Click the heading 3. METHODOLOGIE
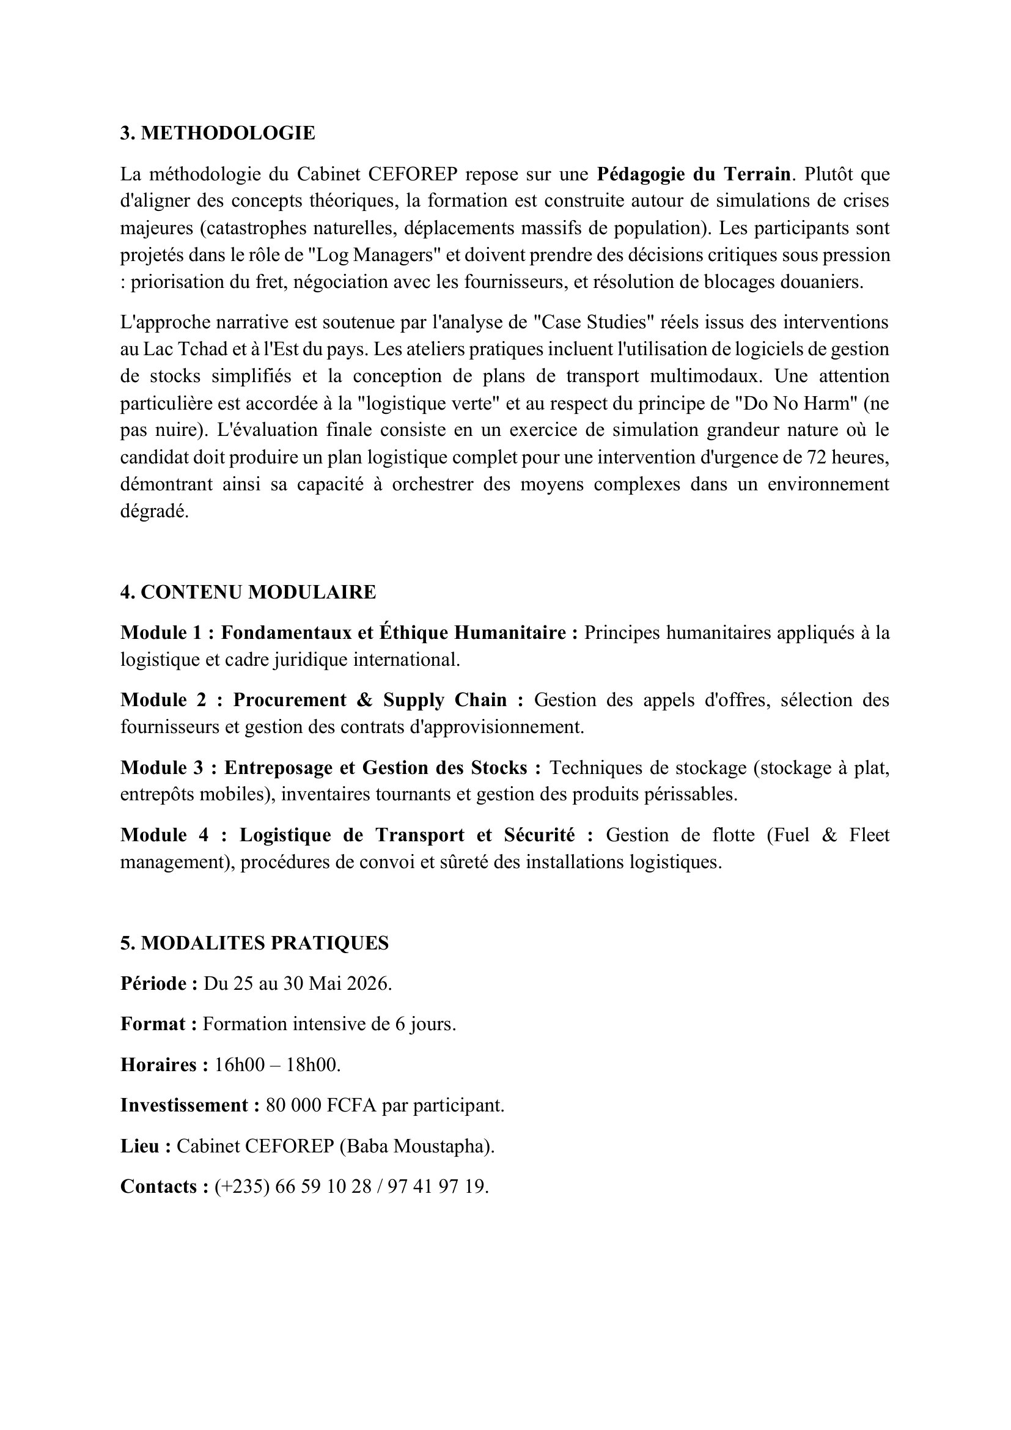pyautogui.click(x=218, y=133)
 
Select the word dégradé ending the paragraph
pyautogui.click(x=154, y=512)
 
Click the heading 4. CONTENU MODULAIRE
pyautogui.click(x=248, y=592)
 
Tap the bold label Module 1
pyautogui.click(x=161, y=633)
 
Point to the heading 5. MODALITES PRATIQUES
pyautogui.click(x=254, y=943)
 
